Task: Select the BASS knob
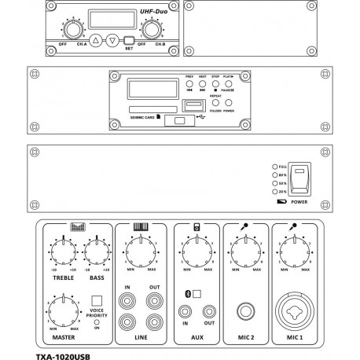click(x=95, y=252)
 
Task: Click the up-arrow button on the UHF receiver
click(x=95, y=39)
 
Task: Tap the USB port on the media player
click(x=189, y=104)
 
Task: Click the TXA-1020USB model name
click(x=68, y=354)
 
